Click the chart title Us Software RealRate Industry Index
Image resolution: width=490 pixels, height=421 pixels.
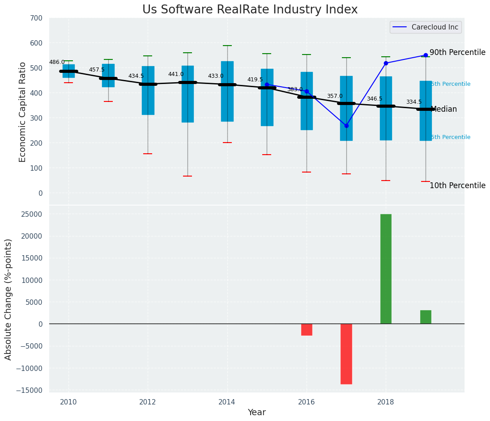[x=250, y=10]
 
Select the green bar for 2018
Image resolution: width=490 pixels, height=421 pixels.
[x=386, y=269]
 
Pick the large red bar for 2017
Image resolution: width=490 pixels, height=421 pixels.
[x=346, y=354]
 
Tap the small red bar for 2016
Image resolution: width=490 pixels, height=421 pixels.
[x=307, y=329]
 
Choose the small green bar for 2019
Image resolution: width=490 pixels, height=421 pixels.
[x=426, y=317]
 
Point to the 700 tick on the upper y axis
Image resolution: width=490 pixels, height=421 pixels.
[x=36, y=18]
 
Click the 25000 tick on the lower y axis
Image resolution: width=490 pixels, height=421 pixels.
[x=30, y=214]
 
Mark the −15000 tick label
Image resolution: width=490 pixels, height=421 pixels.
[x=28, y=390]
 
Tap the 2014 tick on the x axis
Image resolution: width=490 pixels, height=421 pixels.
[x=227, y=402]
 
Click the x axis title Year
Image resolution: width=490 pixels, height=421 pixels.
[x=257, y=413]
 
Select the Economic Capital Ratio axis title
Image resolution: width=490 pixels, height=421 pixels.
[x=23, y=112]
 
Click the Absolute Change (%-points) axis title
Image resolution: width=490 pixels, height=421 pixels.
[x=9, y=299]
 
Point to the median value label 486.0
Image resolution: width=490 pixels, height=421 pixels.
[x=57, y=63]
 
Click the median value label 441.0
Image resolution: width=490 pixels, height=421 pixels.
[x=176, y=75]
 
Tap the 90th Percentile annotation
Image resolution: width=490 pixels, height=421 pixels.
[x=457, y=53]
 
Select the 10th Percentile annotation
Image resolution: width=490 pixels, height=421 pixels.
[x=457, y=186]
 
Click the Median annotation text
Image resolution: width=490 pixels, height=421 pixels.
[x=443, y=109]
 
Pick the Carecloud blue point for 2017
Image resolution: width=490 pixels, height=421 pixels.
[x=346, y=126]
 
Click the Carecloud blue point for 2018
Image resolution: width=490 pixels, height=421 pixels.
[x=386, y=63]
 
